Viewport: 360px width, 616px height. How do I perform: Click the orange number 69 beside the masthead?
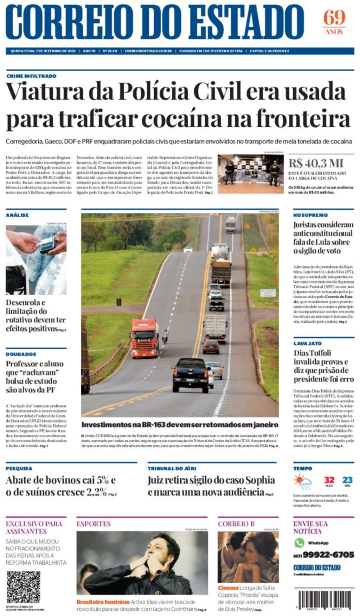334,18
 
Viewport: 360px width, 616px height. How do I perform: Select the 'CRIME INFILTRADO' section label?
31,76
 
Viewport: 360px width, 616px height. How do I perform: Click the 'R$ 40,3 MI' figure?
316,163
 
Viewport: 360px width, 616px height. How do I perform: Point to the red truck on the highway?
145,338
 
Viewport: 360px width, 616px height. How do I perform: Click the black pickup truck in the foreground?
190,374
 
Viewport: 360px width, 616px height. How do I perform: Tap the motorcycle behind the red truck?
165,336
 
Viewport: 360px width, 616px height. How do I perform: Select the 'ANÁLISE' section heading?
17,215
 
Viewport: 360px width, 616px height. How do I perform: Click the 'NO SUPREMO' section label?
310,215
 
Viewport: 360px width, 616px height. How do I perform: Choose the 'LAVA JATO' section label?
308,344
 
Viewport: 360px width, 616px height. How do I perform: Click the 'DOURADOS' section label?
21,354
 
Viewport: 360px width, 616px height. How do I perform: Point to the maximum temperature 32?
329,480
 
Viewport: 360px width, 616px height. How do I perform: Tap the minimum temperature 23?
347,480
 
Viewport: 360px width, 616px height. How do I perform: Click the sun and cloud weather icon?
303,482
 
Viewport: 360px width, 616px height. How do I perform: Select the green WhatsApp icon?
299,543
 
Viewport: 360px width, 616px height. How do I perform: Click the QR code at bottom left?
24,587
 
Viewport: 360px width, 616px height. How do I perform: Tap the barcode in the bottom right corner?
325,599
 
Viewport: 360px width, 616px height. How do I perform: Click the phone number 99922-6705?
328,555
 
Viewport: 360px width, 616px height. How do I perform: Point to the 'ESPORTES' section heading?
94,524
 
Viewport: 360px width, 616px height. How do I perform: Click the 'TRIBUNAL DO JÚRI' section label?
172,469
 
